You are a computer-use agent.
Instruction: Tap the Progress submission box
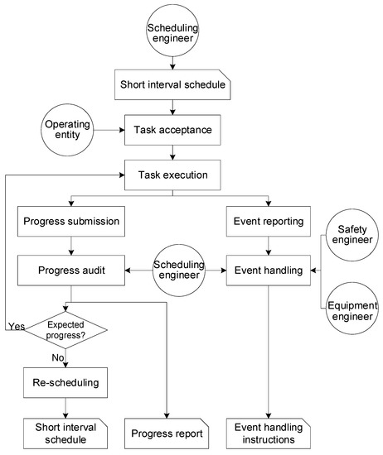pyautogui.click(x=71, y=221)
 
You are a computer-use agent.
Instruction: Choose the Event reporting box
pyautogui.click(x=269, y=221)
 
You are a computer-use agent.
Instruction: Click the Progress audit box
pyautogui.click(x=71, y=268)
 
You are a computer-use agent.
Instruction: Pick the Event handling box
pyautogui.click(x=269, y=268)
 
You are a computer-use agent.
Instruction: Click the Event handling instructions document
pyautogui.click(x=269, y=433)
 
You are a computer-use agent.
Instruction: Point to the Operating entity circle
pyautogui.click(x=65, y=130)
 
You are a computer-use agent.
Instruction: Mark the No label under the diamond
pyautogui.click(x=58, y=357)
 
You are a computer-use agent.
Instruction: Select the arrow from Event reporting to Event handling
pyautogui.click(x=269, y=244)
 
